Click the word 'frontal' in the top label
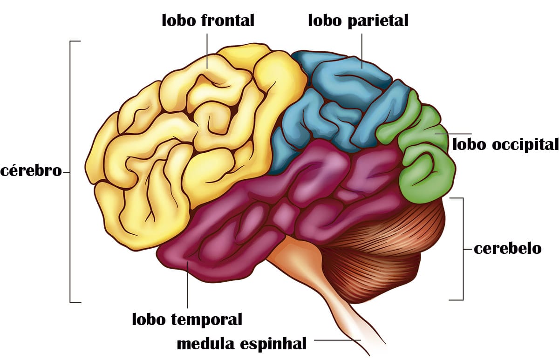point(228,20)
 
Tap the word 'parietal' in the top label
point(378,21)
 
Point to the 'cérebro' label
point(31,171)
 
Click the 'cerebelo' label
point(508,249)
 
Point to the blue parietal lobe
point(344,105)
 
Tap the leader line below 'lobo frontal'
point(207,51)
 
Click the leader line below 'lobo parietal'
point(362,51)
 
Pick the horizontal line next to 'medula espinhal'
point(337,340)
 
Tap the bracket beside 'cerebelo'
point(463,249)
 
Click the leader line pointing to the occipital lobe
point(453,134)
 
